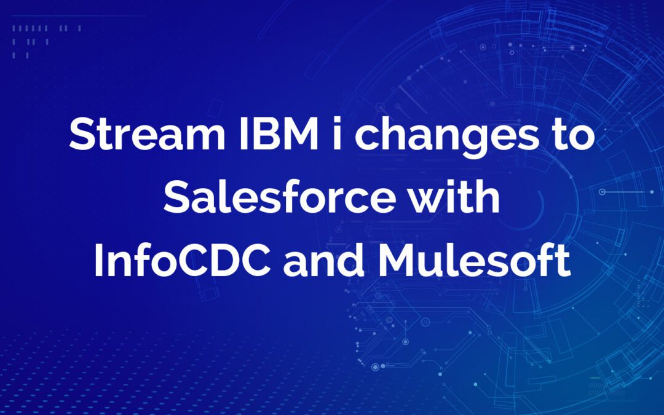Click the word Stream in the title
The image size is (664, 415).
[x=147, y=134]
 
